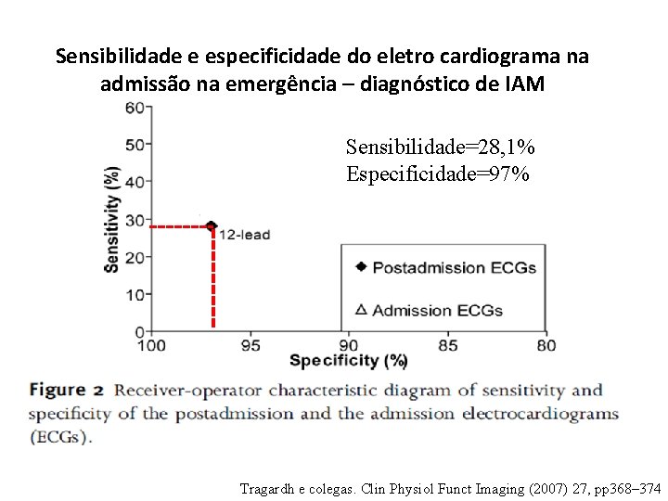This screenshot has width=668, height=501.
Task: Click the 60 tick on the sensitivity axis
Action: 135,107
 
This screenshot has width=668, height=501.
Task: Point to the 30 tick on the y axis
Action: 135,219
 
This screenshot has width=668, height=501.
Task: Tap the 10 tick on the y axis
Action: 135,295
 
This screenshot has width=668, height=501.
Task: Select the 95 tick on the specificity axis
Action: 250,346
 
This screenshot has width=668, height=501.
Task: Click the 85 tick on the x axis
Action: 448,346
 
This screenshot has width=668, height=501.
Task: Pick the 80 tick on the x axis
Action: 546,346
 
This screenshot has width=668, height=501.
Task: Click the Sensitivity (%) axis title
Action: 111,219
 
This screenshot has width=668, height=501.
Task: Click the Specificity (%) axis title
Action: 348,361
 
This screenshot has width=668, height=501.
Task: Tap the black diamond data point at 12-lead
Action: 212,225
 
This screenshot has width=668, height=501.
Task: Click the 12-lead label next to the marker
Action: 244,235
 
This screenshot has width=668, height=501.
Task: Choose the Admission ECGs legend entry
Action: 437,310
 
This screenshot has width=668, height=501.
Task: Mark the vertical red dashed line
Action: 213,278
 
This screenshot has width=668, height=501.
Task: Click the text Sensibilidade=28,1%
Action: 440,147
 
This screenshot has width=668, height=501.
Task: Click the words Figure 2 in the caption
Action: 66,391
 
